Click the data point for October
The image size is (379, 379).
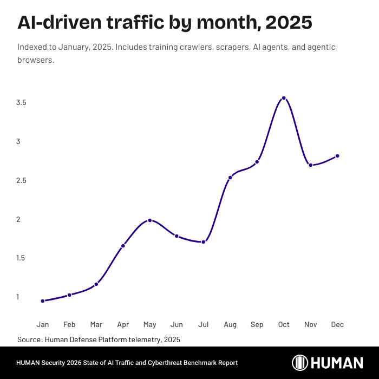point(284,98)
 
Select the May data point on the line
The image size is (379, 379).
point(150,220)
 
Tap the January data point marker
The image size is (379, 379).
point(43,301)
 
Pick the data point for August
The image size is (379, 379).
point(230,178)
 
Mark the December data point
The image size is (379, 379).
point(337,156)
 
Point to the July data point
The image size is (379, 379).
point(203,242)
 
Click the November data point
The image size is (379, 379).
point(310,165)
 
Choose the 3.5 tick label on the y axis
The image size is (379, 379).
point(22,103)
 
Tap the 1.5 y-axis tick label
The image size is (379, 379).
point(22,258)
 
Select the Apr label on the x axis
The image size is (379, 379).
point(123,325)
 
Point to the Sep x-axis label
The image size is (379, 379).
point(257,325)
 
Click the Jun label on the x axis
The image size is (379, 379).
point(177,325)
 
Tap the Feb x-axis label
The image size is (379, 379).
point(69,325)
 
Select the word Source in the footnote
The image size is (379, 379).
point(29,339)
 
